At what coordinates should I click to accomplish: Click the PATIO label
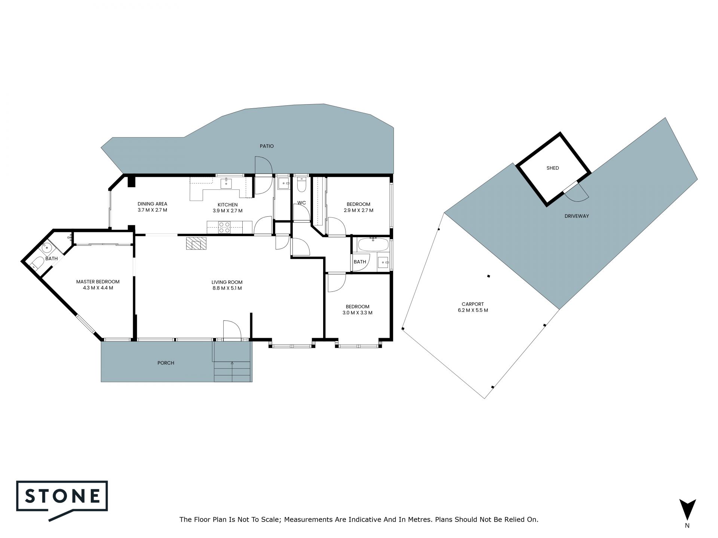point(267,146)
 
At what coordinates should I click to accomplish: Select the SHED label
point(553,168)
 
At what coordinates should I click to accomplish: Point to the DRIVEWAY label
point(577,216)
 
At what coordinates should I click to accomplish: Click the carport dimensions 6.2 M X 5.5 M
point(473,310)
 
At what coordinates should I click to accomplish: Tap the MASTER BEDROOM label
point(98,282)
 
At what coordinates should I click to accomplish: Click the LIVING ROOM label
point(227,282)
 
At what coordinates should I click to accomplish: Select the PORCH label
point(166,363)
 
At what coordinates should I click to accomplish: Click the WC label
point(302,203)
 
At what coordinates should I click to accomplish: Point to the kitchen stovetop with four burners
point(224,227)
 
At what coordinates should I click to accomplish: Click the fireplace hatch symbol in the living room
point(196,243)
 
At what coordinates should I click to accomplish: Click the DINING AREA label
point(152,204)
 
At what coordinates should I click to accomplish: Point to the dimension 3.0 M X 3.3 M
point(358,313)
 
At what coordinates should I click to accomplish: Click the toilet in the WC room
point(301,184)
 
